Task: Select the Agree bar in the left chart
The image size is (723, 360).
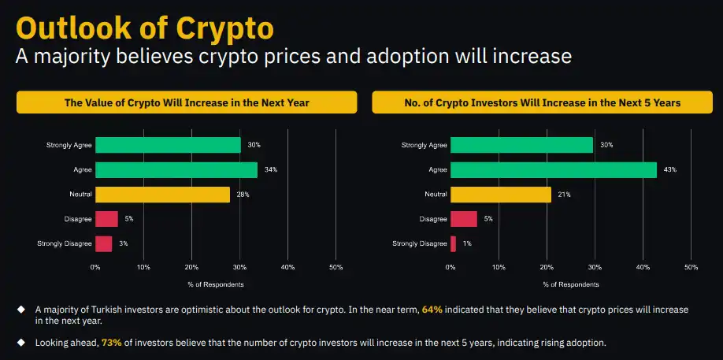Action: [x=176, y=169]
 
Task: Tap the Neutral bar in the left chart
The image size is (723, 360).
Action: [x=162, y=195]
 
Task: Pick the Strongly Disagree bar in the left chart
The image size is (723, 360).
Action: [x=103, y=243]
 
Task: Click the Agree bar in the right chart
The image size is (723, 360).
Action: [x=554, y=169]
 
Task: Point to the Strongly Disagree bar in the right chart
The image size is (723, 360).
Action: [x=454, y=243]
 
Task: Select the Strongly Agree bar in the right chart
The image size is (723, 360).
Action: [x=522, y=145]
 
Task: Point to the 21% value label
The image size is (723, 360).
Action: [x=565, y=195]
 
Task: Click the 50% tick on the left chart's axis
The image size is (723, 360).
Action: [x=336, y=268]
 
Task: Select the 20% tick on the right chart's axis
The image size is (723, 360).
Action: [x=547, y=268]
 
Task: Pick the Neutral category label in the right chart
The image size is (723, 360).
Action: [x=436, y=195]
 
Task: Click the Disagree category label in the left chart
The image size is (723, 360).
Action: [x=79, y=219]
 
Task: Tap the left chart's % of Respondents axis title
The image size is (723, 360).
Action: [x=216, y=284]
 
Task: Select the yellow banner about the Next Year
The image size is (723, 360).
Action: [x=187, y=102]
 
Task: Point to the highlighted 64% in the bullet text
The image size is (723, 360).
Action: [x=432, y=310]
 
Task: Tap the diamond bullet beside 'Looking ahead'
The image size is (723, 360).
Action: [x=21, y=342]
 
